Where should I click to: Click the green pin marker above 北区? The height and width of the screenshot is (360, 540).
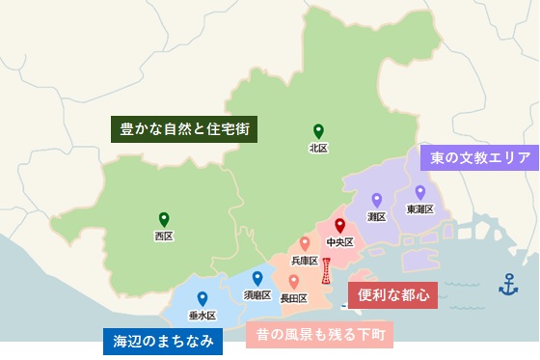pyautogui.click(x=317, y=131)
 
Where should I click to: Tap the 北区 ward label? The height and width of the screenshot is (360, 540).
pyautogui.click(x=318, y=149)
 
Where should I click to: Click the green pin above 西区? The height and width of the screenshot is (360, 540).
pyautogui.click(x=164, y=218)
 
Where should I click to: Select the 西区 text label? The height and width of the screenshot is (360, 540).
pyautogui.click(x=164, y=235)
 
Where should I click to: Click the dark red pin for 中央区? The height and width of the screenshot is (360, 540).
pyautogui.click(x=339, y=226)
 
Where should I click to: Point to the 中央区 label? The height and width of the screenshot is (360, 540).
pyautogui.click(x=339, y=242)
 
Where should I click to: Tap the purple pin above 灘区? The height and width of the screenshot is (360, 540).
pyautogui.click(x=377, y=200)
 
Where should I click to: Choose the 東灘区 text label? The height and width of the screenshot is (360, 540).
pyautogui.click(x=420, y=208)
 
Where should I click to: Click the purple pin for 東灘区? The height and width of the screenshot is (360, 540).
pyautogui.click(x=420, y=191)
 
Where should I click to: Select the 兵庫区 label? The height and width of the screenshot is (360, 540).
pyautogui.click(x=305, y=261)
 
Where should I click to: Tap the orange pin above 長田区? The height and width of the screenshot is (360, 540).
pyautogui.click(x=293, y=281)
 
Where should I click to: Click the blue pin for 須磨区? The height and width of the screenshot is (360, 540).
pyautogui.click(x=257, y=278)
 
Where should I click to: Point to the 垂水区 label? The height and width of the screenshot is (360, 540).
pyautogui.click(x=202, y=316)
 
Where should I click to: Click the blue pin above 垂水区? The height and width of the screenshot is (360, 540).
pyautogui.click(x=202, y=298)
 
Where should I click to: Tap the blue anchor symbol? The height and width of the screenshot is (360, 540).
pyautogui.click(x=507, y=284)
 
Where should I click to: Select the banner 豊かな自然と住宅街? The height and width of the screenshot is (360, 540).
pyautogui.click(x=189, y=127)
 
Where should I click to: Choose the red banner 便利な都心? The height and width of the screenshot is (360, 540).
pyautogui.click(x=392, y=292)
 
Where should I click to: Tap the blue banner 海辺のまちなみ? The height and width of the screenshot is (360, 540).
pyautogui.click(x=163, y=341)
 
